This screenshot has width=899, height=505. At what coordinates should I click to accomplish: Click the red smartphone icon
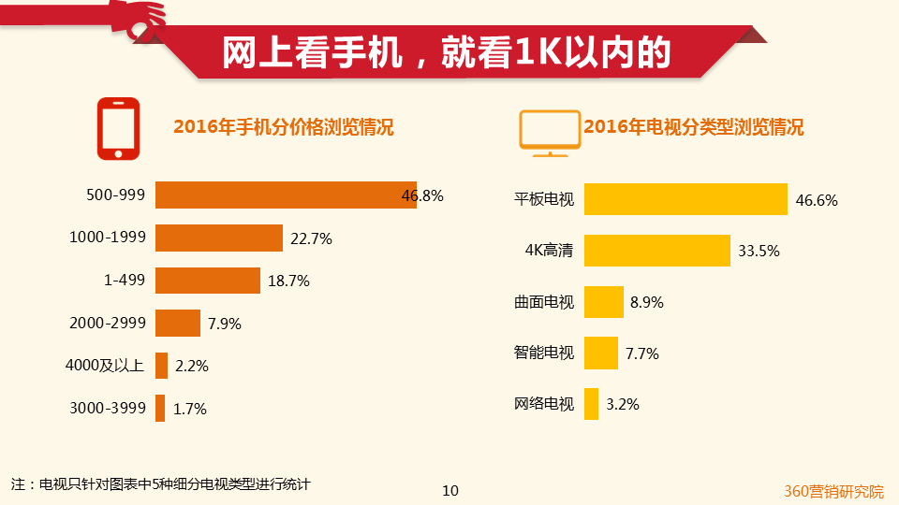(118, 129)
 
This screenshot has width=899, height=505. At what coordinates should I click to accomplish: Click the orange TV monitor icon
(549, 132)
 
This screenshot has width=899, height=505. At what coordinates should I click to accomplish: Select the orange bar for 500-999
(286, 195)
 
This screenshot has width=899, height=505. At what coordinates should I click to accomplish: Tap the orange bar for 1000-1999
(218, 238)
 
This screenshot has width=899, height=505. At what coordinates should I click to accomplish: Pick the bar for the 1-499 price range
(207, 281)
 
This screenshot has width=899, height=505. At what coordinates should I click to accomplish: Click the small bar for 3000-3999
(160, 409)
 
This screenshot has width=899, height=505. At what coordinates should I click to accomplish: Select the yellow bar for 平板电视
(685, 199)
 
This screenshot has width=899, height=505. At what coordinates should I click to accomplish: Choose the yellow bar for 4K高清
(656, 251)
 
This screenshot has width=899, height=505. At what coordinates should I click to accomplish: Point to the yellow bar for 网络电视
(591, 404)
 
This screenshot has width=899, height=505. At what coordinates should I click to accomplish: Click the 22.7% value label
(311, 238)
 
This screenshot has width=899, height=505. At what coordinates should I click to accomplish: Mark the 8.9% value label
(647, 302)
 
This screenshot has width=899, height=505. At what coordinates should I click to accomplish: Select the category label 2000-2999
(108, 324)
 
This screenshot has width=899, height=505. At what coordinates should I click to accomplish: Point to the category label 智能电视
(543, 353)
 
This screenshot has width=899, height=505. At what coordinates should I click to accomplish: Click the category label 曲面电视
(543, 302)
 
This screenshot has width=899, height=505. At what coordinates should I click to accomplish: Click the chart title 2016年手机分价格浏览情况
(284, 128)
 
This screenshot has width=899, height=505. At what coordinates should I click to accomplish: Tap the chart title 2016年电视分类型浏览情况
(693, 128)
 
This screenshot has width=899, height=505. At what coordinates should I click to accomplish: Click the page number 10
(449, 491)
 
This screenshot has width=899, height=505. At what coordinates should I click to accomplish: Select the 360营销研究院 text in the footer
(833, 491)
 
